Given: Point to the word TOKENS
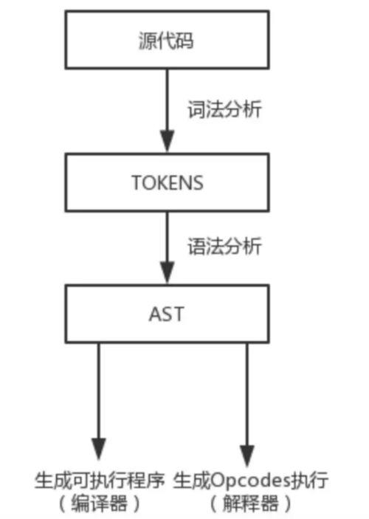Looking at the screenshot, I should coord(168,182).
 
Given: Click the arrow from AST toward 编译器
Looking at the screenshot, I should coord(97,399).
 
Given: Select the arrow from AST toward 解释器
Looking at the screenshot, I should coord(246,399).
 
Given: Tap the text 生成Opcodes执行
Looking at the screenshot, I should coord(251,481).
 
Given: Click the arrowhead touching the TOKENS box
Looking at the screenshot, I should coord(168,140).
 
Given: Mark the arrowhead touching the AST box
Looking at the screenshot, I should coord(168,273).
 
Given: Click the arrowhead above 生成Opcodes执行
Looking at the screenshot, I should coord(246,450).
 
